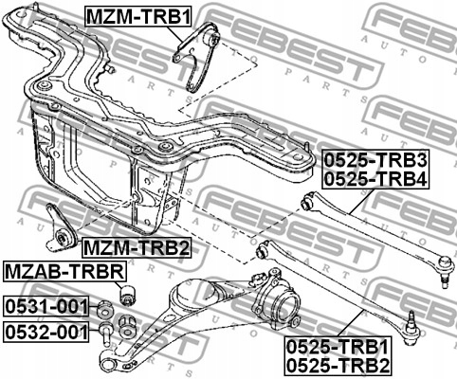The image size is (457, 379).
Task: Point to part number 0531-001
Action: [46, 306]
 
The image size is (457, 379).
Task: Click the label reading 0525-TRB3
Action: [375, 157]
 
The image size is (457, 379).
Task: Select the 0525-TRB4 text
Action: [375, 175]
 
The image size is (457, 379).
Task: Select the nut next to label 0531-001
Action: [106, 306]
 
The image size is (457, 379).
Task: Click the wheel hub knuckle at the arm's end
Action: [277, 306]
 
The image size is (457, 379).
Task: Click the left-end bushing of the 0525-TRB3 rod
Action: [306, 201]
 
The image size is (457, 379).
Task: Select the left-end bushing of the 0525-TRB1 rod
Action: [265, 250]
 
